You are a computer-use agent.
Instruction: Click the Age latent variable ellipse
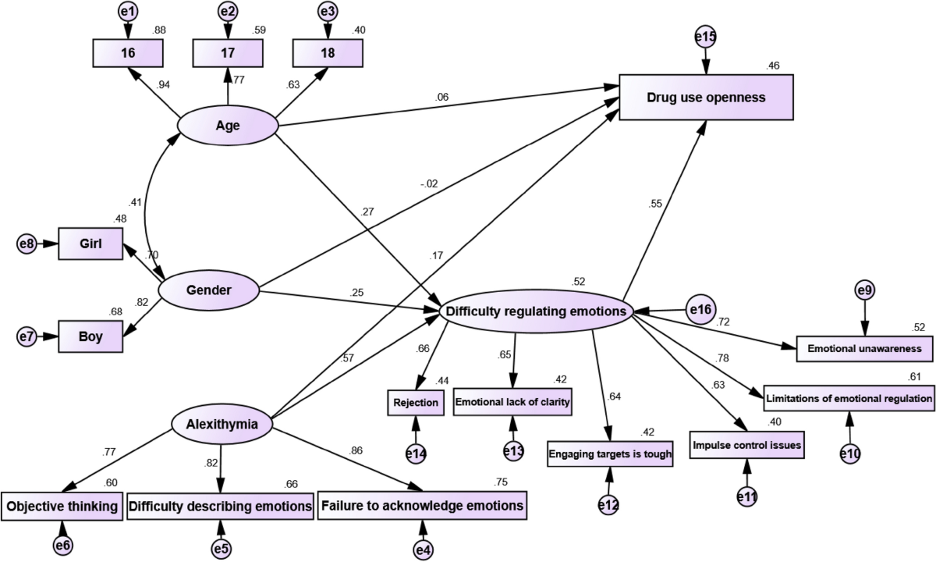click(x=228, y=125)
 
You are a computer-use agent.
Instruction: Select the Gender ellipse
click(x=209, y=290)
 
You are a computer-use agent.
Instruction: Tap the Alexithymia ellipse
click(x=222, y=424)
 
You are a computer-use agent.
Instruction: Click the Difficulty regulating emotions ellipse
click(x=535, y=311)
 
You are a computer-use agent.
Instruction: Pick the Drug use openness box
click(x=706, y=98)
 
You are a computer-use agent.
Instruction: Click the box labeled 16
click(x=127, y=53)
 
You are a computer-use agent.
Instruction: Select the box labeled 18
click(x=327, y=53)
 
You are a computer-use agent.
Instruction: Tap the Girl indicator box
click(x=91, y=244)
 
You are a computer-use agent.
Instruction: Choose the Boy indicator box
click(x=91, y=338)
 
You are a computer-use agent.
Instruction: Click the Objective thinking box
click(x=62, y=506)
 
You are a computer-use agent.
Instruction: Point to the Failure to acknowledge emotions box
click(x=422, y=505)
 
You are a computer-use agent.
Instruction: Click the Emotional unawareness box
click(x=864, y=348)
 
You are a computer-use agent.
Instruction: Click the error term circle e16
click(x=700, y=311)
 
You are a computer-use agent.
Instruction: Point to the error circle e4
click(x=423, y=550)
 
